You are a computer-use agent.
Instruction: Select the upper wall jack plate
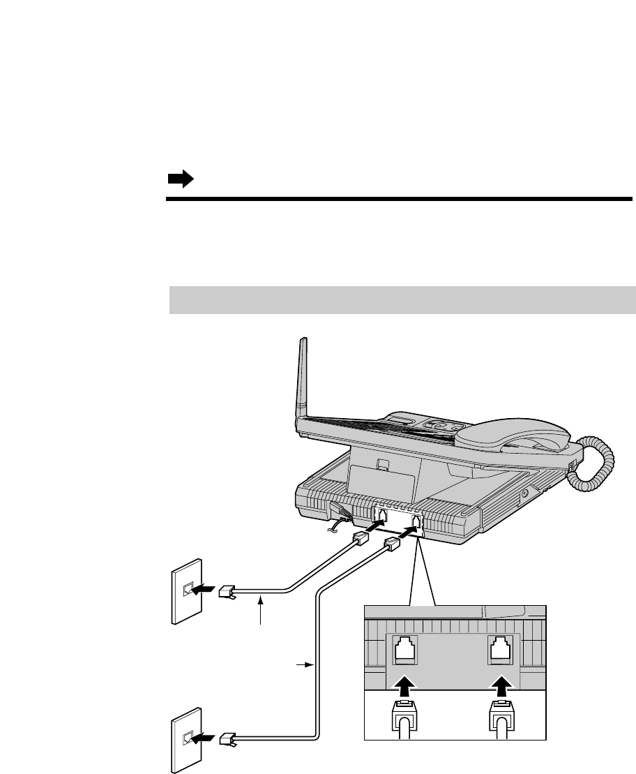(x=186, y=590)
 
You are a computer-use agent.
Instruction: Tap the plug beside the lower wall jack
(x=228, y=738)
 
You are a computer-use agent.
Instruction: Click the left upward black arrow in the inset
(x=405, y=683)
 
